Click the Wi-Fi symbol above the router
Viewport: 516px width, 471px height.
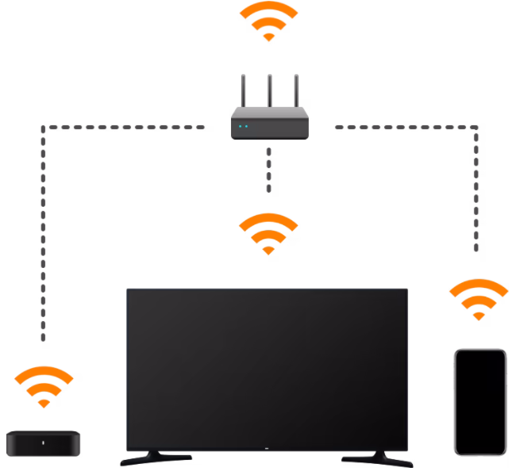tap(268, 21)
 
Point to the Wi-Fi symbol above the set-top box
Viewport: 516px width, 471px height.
tap(44, 386)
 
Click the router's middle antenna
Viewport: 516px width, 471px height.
tap(269, 94)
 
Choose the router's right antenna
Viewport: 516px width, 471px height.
tap(297, 94)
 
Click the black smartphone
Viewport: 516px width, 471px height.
tap(479, 401)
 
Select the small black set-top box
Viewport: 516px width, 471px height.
tap(44, 442)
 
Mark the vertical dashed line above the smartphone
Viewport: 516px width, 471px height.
tap(477, 190)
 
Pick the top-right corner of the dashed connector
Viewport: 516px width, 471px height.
tap(477, 127)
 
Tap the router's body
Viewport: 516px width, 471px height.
tap(269, 126)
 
